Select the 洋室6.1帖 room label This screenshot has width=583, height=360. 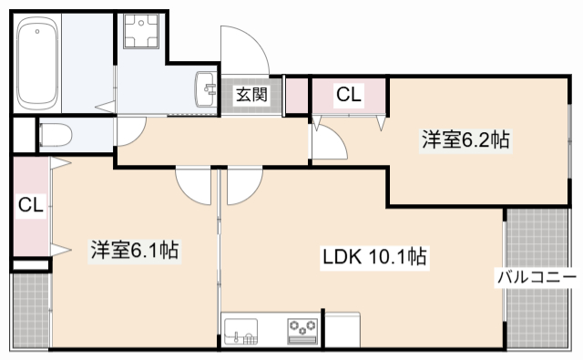click(133, 250)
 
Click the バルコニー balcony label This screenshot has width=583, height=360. click(536, 276)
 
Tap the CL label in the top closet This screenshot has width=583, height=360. click(348, 93)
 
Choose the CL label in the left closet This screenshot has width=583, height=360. click(30, 206)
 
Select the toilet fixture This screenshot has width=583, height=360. click(56, 135)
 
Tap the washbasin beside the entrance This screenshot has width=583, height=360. click(204, 90)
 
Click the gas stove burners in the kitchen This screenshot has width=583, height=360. click(303, 328)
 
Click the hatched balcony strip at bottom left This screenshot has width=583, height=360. click(28, 310)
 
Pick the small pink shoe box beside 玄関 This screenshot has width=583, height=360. click(297, 97)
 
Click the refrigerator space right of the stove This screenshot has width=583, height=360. click(344, 329)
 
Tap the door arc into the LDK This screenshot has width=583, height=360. click(243, 184)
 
